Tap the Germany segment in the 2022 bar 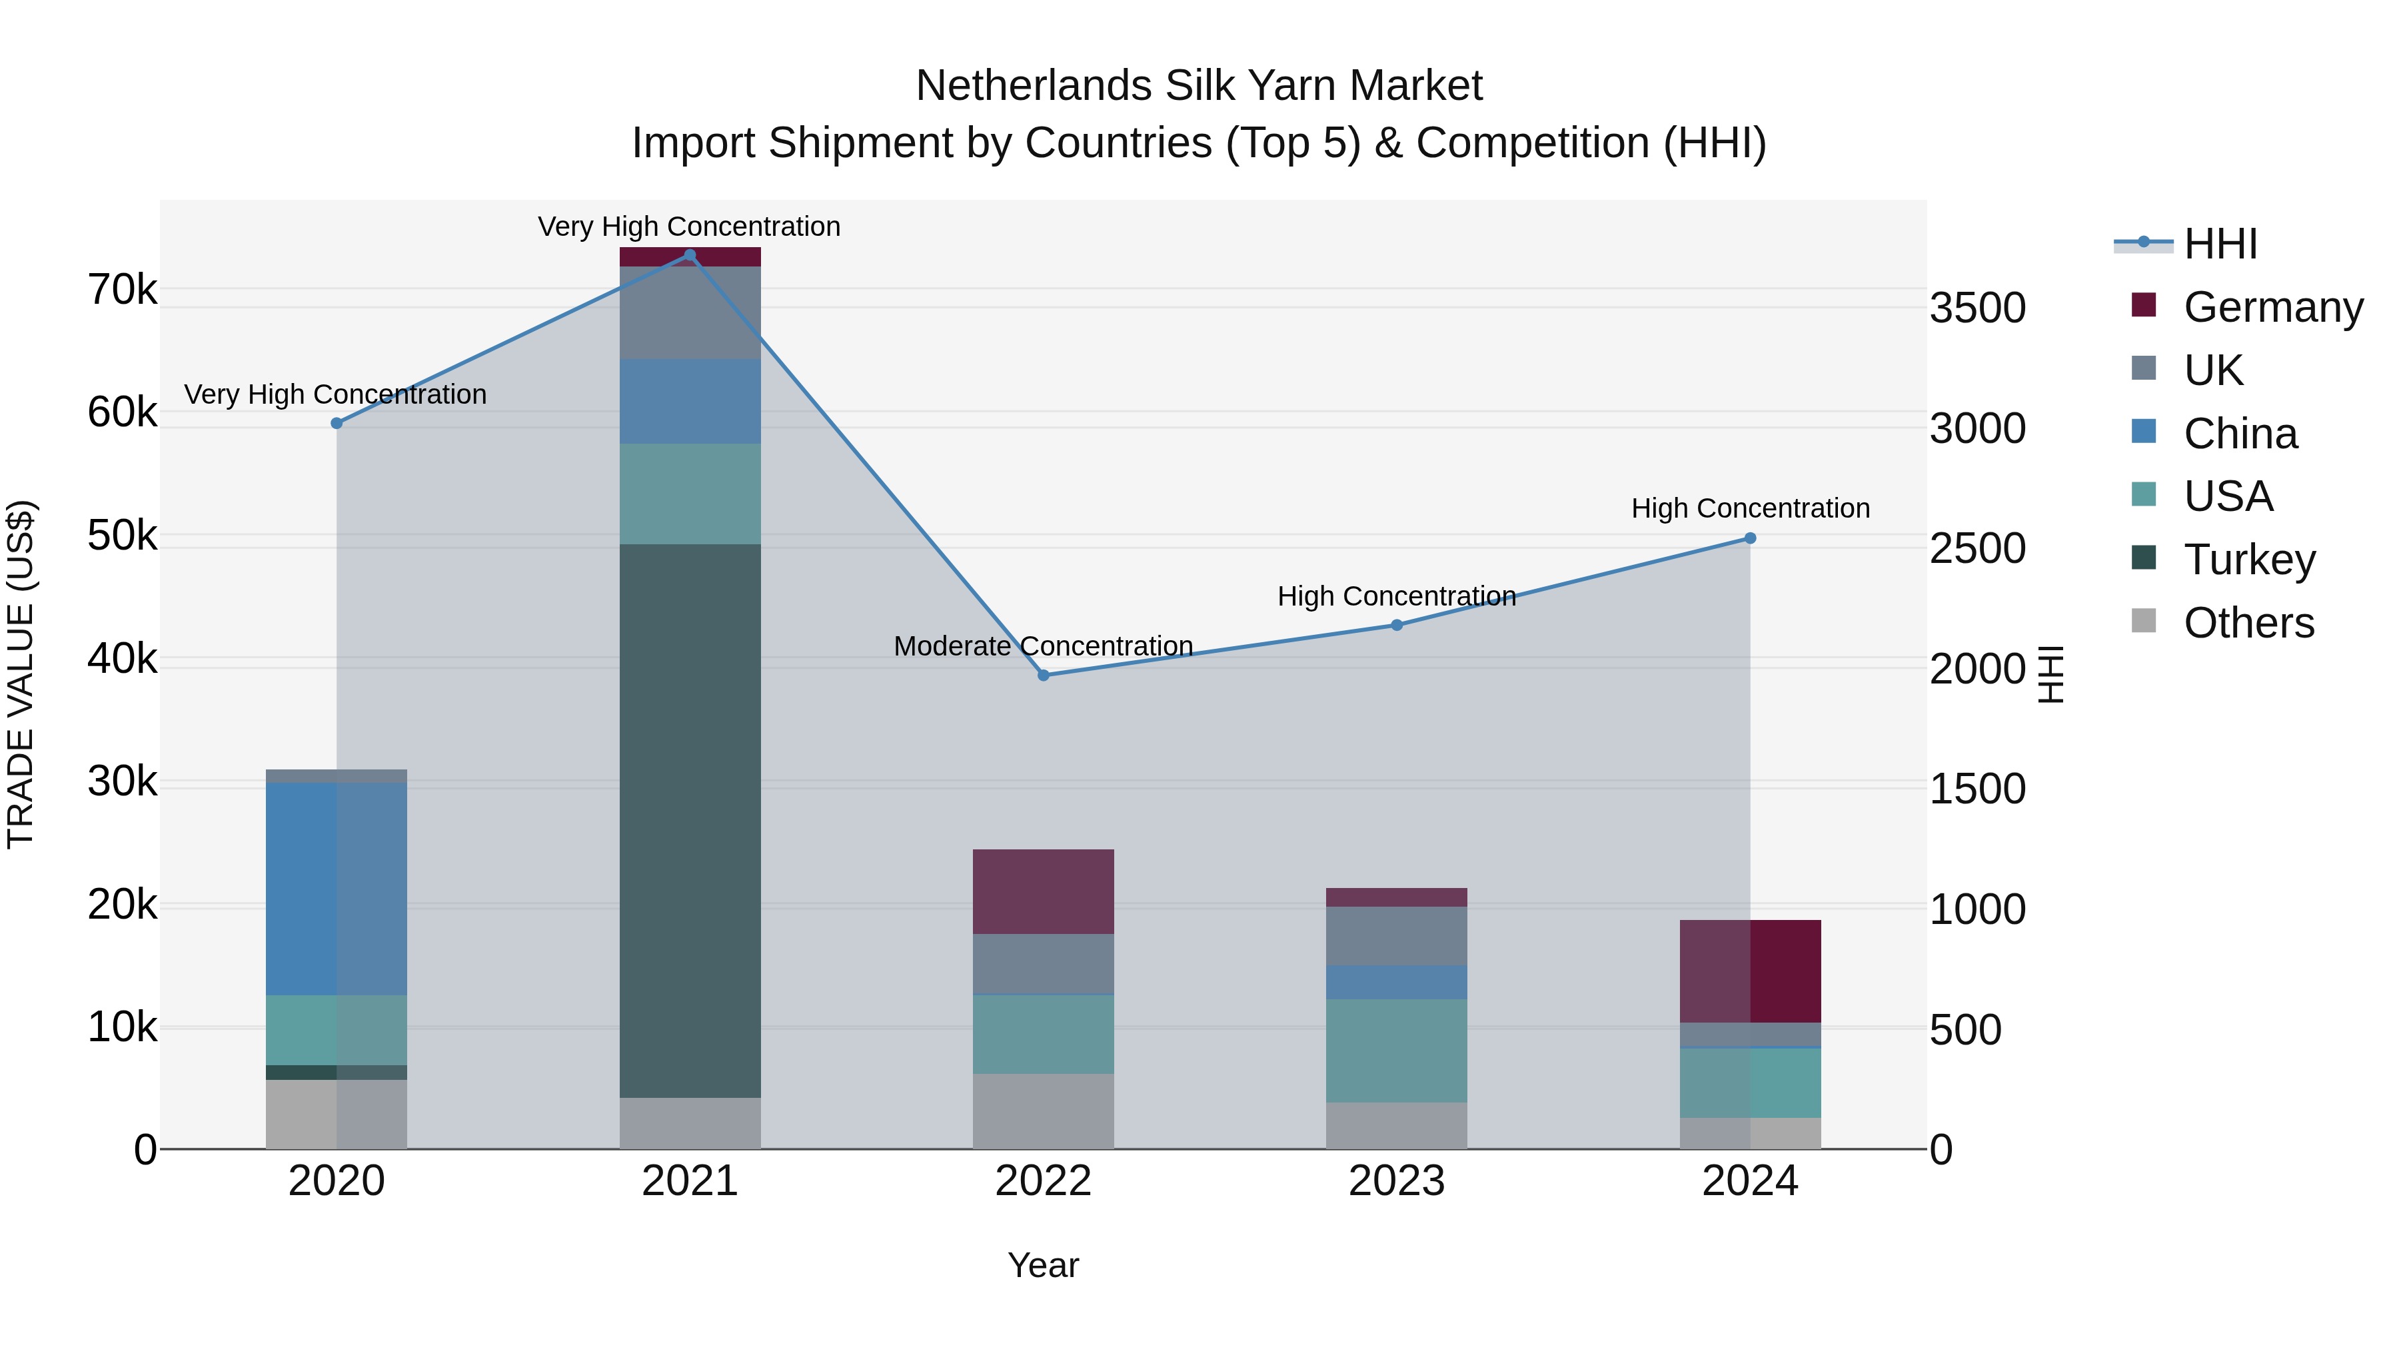pos(1043,891)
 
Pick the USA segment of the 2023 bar pos(1396,1050)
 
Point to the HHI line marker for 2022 pos(1043,675)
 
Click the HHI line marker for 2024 pos(1750,538)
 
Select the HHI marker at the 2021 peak pos(690,255)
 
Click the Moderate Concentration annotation pos(1043,646)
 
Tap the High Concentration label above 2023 pos(1396,596)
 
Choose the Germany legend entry pos(2272,307)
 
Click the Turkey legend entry pos(2248,560)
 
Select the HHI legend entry pos(2219,244)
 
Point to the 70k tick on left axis pos(122,290)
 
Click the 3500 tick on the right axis pos(1977,308)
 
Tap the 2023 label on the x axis pos(1396,1181)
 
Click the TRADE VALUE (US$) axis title pos(21,674)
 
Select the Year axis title pos(1043,1265)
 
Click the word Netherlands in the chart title pos(1034,86)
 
